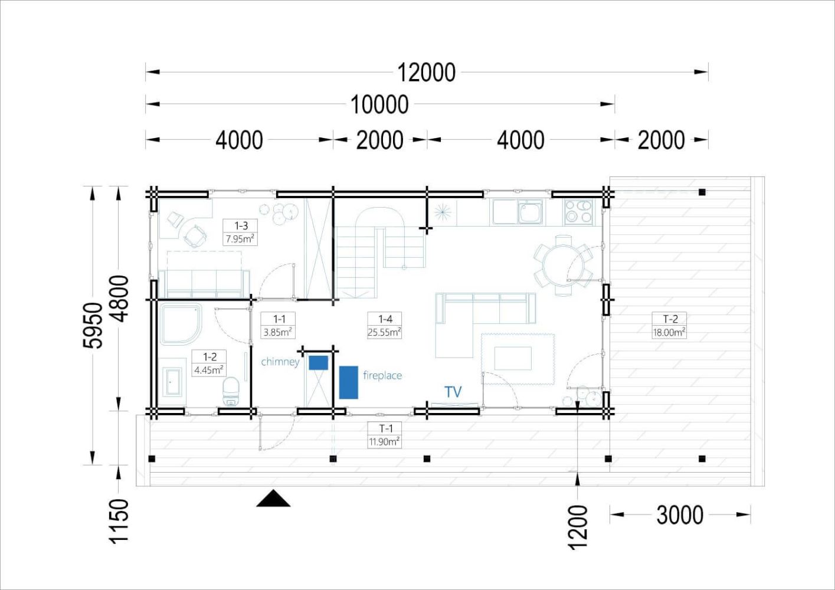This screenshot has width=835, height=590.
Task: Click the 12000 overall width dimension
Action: pos(427,73)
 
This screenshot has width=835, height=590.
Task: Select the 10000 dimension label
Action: pos(379,104)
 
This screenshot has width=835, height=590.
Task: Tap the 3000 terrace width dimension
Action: pos(680,515)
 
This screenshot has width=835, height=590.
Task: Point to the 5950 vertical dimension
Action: pos(92,325)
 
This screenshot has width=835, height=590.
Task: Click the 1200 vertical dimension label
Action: pos(578,527)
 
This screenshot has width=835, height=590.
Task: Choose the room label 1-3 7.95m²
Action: pos(241,232)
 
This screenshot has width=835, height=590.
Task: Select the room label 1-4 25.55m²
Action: pos(385,325)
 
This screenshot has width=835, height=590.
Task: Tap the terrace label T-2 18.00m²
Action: pos(670,325)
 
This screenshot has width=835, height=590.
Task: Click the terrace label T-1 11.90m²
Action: pos(384,435)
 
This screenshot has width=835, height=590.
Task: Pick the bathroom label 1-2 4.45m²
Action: pos(209,363)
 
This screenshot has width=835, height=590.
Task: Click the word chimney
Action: pos(280,362)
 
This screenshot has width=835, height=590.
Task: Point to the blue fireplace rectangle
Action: pos(349,382)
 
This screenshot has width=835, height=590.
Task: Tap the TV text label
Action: pos(453,392)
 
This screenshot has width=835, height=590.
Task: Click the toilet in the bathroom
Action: pos(231,391)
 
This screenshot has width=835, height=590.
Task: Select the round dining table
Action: pos(563,265)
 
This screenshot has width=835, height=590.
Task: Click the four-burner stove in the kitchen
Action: pos(578,212)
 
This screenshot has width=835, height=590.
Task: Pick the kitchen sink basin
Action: pos(530,212)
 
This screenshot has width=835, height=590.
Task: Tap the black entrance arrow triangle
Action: pos(273,499)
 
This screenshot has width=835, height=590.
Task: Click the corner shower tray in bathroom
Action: pos(181,324)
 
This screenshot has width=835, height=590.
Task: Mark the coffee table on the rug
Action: pos(513,358)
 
